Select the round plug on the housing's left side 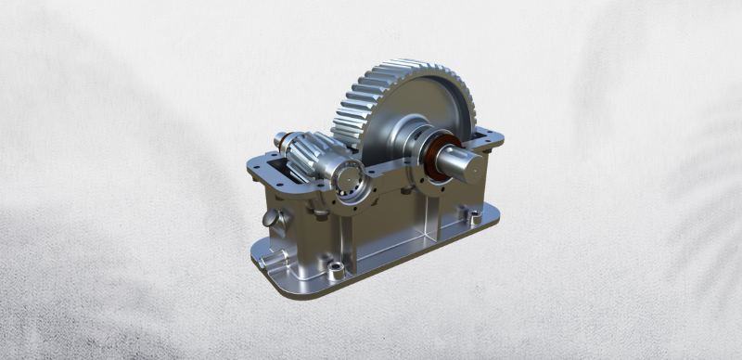[269, 220]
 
